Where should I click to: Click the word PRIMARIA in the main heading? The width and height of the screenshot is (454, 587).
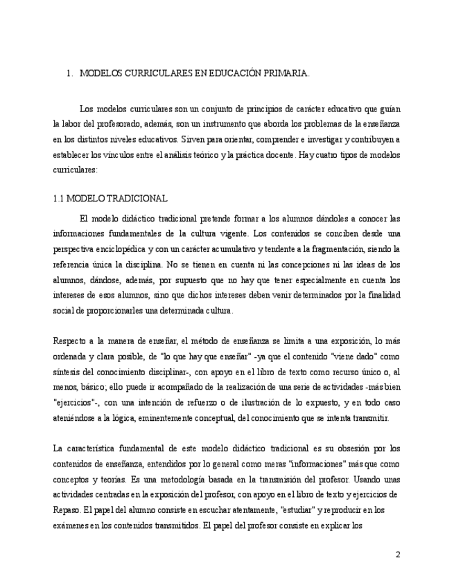[x=287, y=73]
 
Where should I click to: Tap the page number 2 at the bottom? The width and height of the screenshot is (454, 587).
[x=398, y=554]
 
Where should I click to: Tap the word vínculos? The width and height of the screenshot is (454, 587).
[x=119, y=155]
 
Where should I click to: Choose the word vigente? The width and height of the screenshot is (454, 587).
[x=230, y=233]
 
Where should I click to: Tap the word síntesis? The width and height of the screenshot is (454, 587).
[x=67, y=372]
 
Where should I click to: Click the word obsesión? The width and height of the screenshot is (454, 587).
[x=344, y=449]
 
